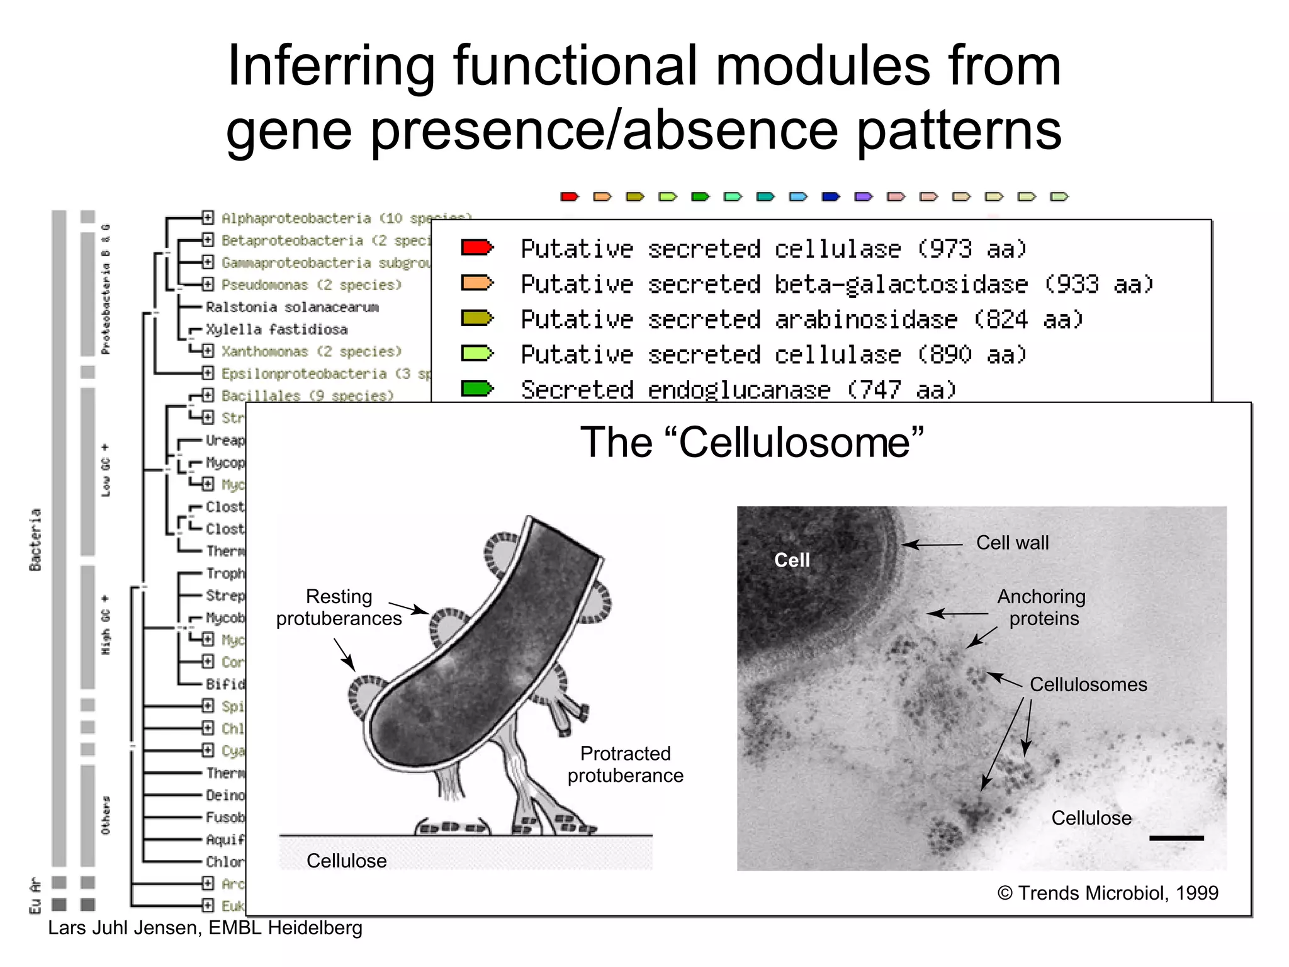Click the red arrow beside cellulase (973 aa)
click(477, 247)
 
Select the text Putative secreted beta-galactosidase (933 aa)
click(836, 285)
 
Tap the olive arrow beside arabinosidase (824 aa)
click(477, 319)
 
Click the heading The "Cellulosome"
click(751, 443)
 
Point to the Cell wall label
click(1012, 543)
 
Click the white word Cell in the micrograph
click(791, 560)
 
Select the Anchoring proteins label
click(1042, 608)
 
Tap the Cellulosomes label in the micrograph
click(1088, 684)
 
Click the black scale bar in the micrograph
click(1176, 838)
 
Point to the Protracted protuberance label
click(625, 764)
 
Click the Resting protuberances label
click(339, 608)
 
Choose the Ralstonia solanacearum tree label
click(292, 307)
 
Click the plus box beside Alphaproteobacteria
click(208, 218)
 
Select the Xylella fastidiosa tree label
click(276, 329)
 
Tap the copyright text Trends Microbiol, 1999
click(1108, 893)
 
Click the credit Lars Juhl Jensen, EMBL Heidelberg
click(205, 928)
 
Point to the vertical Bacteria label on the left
click(35, 540)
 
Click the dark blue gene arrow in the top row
click(831, 197)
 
